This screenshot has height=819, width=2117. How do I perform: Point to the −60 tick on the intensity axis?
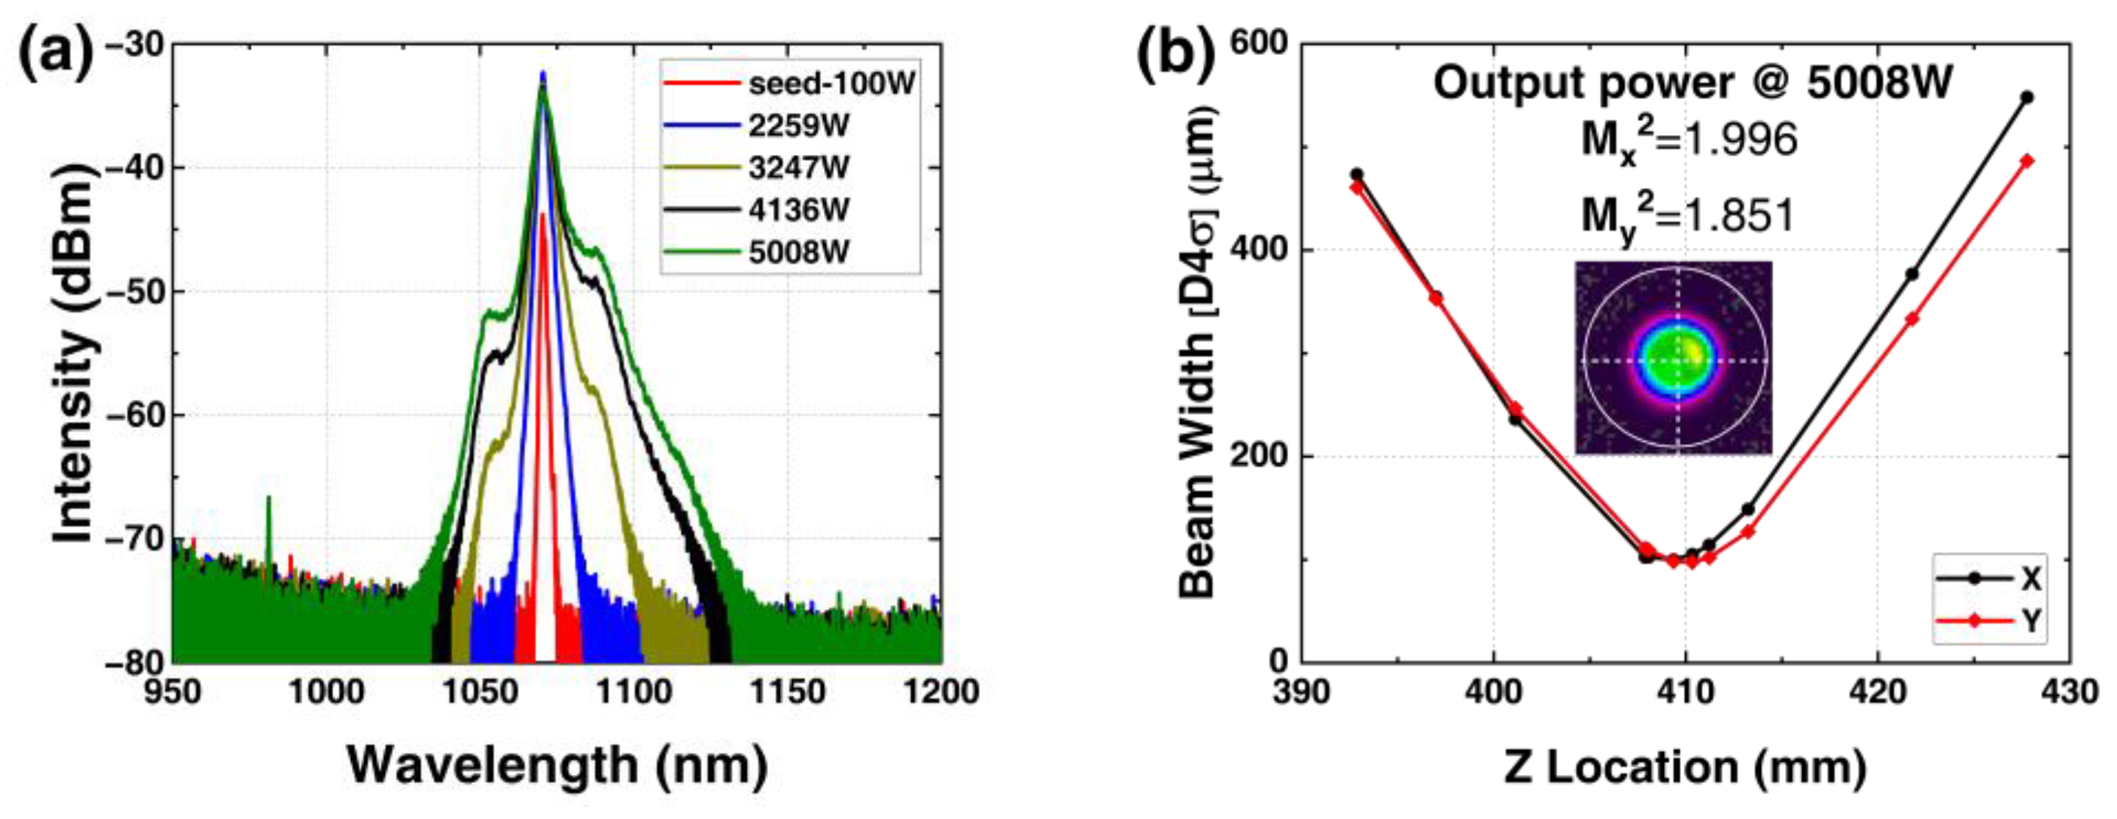click(136, 415)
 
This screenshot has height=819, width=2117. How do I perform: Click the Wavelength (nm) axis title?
click(557, 765)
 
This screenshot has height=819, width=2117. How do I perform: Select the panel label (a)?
click(56, 55)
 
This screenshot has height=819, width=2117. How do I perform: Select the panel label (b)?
click(1175, 55)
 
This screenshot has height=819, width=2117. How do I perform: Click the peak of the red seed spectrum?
click(542, 215)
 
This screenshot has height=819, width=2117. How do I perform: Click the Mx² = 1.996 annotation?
click(1689, 142)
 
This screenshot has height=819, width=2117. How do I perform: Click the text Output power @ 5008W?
click(1693, 84)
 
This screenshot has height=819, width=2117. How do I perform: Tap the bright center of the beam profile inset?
click(1676, 360)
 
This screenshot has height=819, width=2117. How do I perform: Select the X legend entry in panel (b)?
click(1988, 579)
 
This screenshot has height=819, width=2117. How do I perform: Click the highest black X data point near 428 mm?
click(2027, 98)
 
